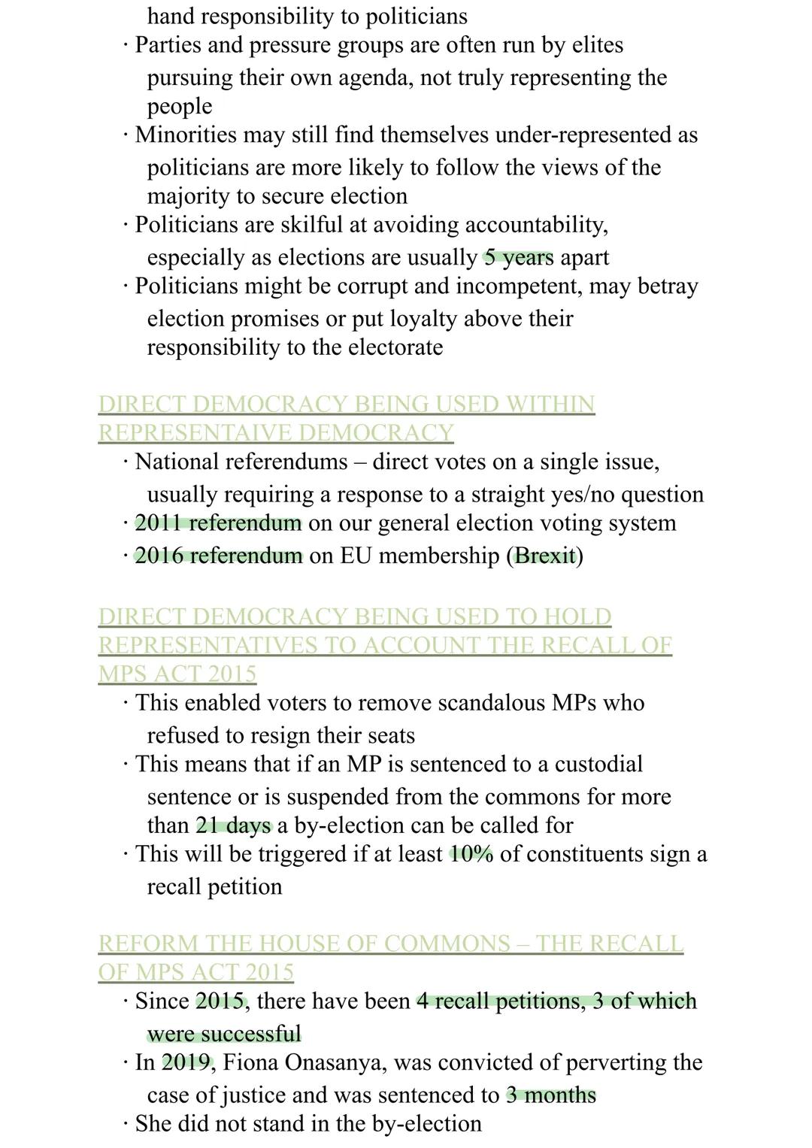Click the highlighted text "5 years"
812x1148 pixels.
pos(518,257)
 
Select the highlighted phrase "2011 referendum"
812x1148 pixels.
pos(218,523)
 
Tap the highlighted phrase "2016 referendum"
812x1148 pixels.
pos(218,556)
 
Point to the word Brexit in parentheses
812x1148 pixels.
pos(545,556)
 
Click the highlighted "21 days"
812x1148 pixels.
pos(233,825)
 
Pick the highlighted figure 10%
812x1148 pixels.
pos(471,854)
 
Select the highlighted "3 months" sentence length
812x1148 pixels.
pos(550,1095)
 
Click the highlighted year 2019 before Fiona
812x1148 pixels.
pos(187,1062)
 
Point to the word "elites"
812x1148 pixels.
pos(597,45)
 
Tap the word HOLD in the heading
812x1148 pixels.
pos(577,616)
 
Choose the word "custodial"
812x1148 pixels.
pos(598,764)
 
